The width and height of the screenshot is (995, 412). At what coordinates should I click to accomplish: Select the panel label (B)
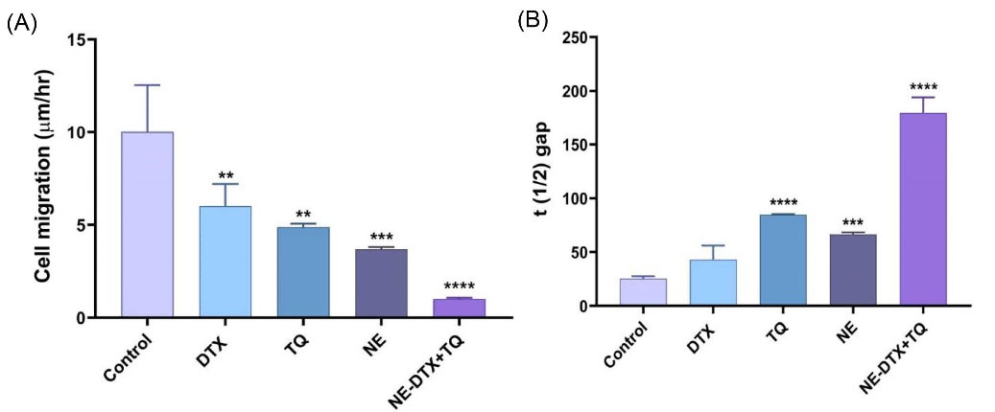(533, 21)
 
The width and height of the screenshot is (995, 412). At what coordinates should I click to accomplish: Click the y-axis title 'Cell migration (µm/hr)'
(44, 178)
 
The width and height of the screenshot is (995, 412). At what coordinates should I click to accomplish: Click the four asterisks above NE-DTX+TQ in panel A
(460, 286)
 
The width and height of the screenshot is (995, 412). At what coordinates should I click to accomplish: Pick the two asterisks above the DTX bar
(225, 176)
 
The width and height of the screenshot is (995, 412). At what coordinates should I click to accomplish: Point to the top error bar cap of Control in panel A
(147, 85)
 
